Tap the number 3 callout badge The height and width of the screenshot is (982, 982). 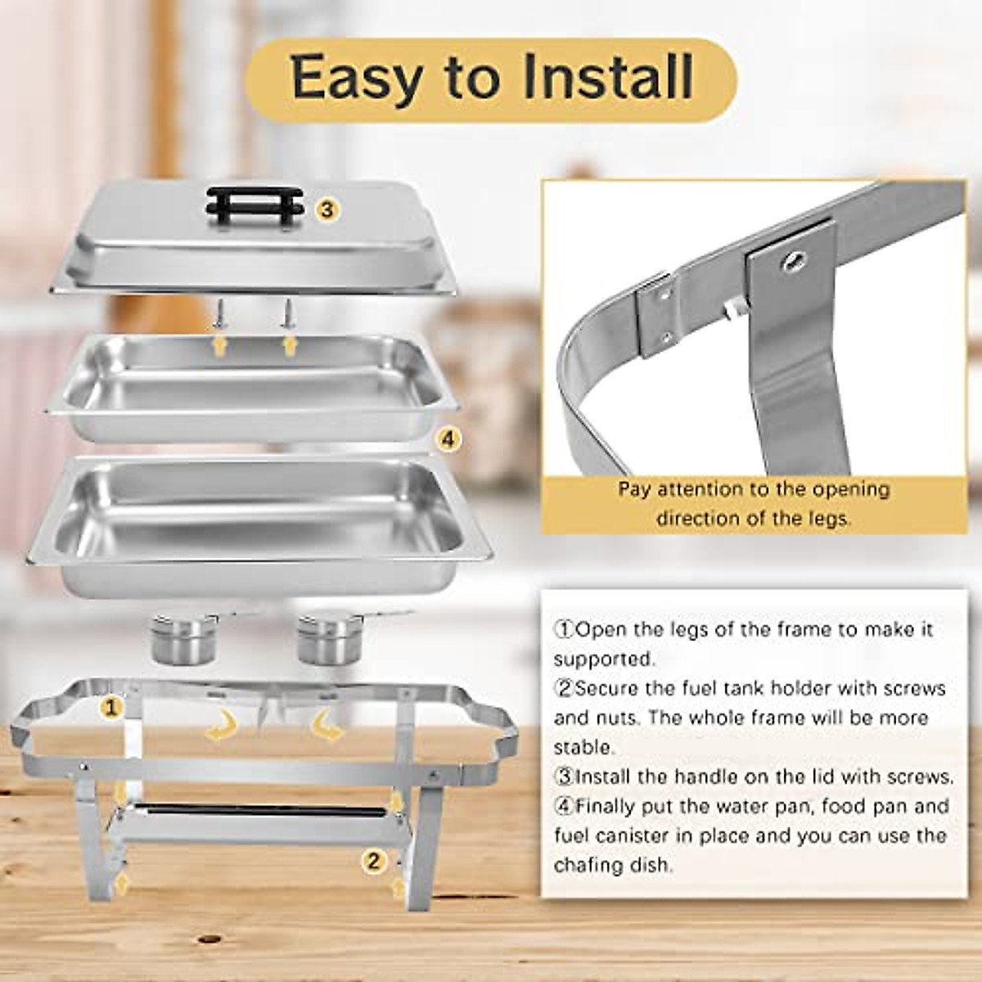click(327, 209)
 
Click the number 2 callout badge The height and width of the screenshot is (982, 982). click(374, 860)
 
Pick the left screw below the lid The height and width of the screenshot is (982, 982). click(220, 313)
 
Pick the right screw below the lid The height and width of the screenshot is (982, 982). click(287, 313)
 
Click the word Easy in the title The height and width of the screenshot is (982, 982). click(358, 77)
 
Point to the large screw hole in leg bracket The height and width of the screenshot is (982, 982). click(792, 262)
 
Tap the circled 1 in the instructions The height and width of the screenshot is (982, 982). click(564, 629)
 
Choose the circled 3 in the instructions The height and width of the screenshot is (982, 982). click(564, 777)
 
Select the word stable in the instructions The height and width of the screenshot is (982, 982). click(582, 747)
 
